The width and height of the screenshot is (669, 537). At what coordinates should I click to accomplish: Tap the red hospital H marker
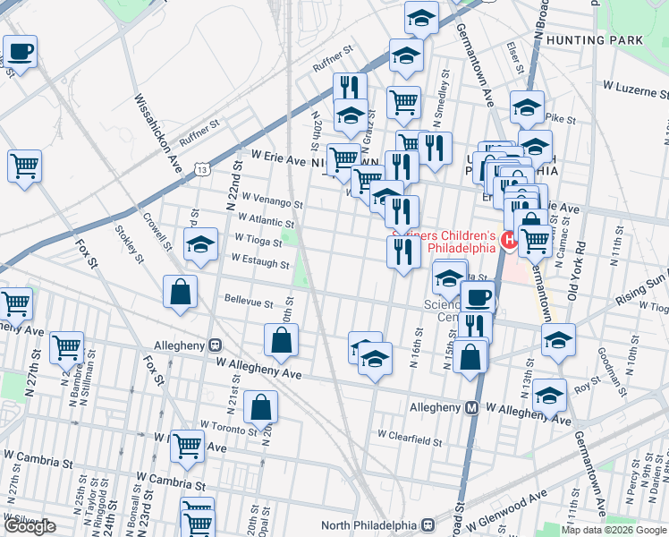[x=510, y=239]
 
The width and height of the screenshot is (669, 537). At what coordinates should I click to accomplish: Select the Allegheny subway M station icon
[x=471, y=407]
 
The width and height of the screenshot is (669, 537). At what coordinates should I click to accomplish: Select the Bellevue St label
[x=249, y=303]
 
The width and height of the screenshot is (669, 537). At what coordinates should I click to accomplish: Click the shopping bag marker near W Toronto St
[x=259, y=406]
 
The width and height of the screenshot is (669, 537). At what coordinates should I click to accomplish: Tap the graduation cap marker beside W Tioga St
[x=201, y=243]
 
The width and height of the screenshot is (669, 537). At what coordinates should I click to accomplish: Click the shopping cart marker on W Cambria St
[x=187, y=444]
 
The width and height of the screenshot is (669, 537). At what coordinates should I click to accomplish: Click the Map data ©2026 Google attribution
[x=614, y=530]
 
